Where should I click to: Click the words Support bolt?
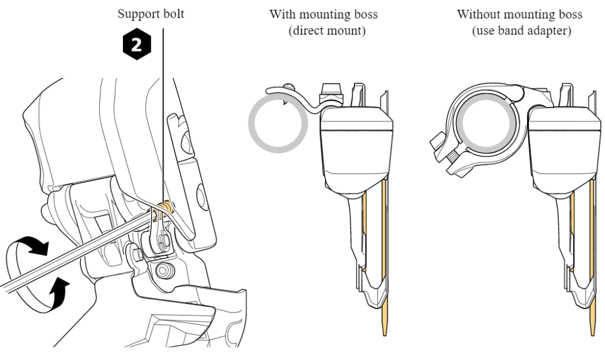(x=151, y=13)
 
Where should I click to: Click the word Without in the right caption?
(x=479, y=14)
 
